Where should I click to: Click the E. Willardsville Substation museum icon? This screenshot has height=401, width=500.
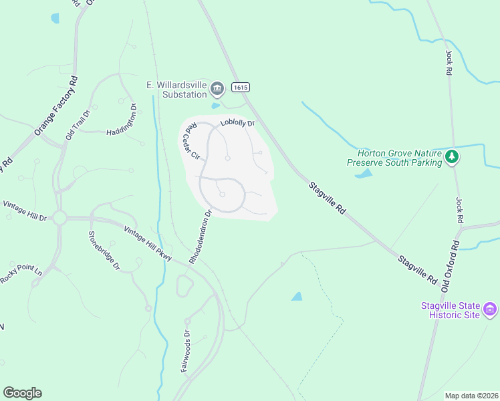click(x=217, y=88)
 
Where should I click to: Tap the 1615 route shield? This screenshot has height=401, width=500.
click(x=241, y=88)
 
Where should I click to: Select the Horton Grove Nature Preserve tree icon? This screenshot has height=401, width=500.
click(x=453, y=157)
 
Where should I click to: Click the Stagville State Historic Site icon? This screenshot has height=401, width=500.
click(x=490, y=309)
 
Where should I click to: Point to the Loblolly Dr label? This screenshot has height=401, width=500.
click(x=238, y=123)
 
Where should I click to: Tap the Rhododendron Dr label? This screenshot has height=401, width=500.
click(x=200, y=237)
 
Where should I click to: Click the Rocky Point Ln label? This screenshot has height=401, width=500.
click(x=20, y=273)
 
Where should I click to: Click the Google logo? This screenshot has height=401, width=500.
click(x=22, y=393)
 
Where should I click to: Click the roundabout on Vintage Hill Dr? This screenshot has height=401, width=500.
click(x=59, y=218)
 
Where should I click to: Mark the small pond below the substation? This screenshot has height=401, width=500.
click(x=215, y=106)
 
